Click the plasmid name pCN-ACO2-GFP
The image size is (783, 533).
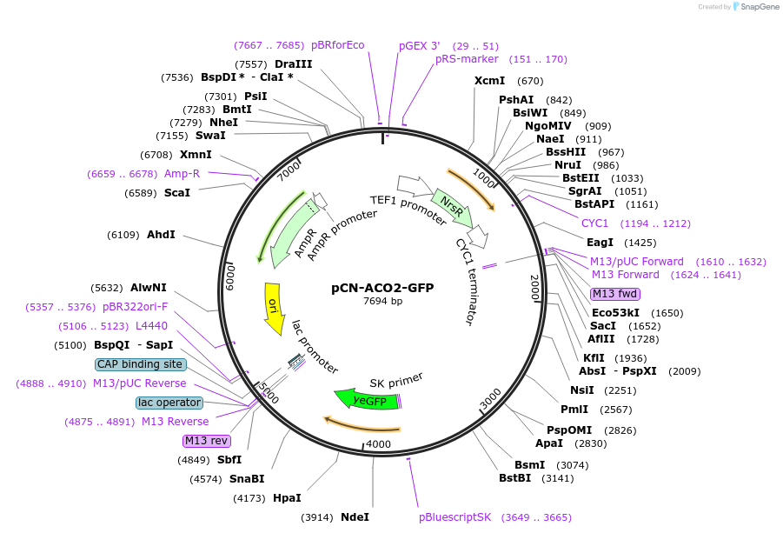click(382, 288)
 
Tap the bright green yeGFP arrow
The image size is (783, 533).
click(367, 401)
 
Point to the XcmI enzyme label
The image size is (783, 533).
click(489, 81)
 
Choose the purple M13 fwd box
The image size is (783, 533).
click(614, 294)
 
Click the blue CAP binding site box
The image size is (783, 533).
click(140, 364)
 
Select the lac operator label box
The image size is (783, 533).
click(169, 403)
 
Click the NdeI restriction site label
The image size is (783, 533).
click(355, 517)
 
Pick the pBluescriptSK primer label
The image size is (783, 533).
click(455, 517)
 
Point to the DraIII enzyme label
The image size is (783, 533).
click(293, 64)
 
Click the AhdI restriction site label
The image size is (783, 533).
click(161, 235)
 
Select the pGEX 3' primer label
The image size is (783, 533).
click(420, 45)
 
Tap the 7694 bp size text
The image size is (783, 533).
click(382, 302)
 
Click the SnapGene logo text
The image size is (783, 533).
click(753, 7)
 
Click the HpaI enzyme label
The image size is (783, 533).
click(287, 498)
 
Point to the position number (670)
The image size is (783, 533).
click(530, 81)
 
